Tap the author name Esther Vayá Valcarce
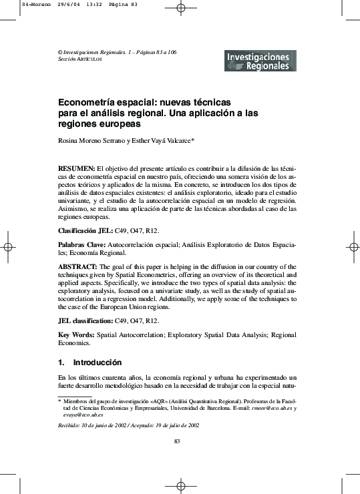(x=160, y=141)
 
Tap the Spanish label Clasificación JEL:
(x=85, y=230)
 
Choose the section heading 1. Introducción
(x=89, y=362)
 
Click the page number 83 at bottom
(x=177, y=442)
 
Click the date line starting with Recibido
(x=128, y=425)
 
